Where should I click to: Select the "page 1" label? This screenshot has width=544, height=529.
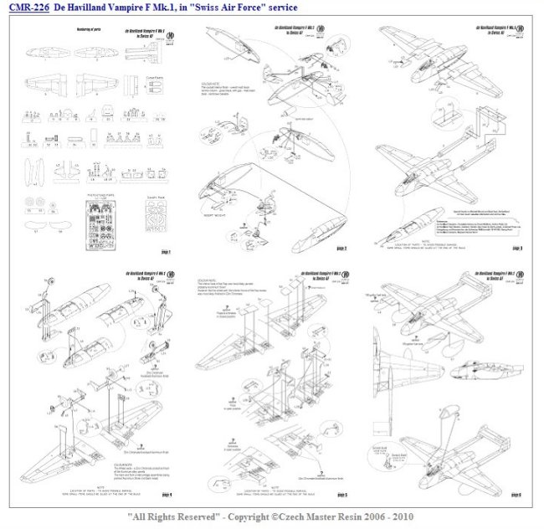pos(166,251)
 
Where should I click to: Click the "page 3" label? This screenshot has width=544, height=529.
pos(517,249)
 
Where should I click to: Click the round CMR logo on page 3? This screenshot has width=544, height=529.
pos(509,33)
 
